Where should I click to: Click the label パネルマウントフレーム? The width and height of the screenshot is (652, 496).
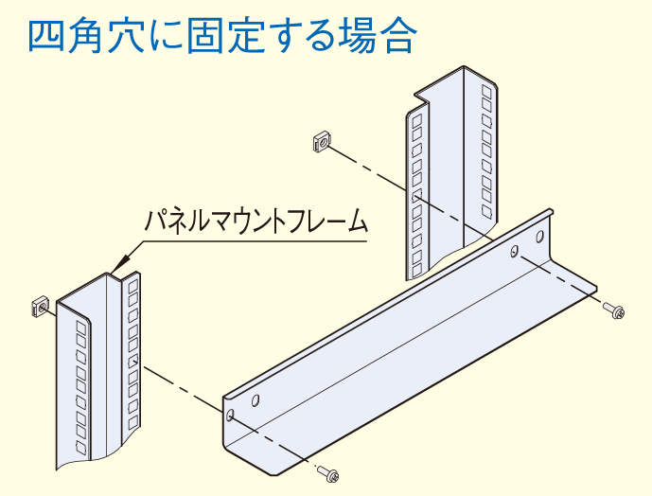tap(255, 223)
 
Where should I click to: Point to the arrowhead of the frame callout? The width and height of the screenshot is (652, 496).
tap(116, 271)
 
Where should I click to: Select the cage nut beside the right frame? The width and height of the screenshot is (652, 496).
tap(320, 142)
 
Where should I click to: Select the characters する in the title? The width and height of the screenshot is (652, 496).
tap(309, 35)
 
